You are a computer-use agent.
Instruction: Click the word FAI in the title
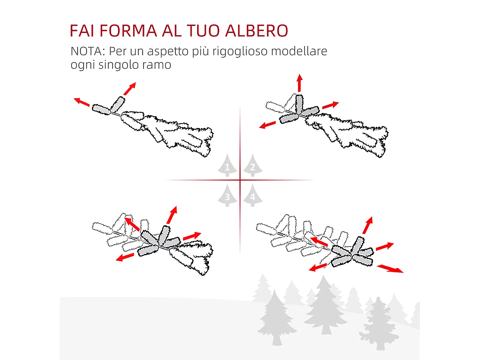[82, 31]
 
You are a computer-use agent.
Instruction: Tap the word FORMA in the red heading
[128, 31]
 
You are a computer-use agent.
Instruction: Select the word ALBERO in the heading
[257, 31]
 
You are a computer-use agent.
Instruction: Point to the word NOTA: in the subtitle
[88, 51]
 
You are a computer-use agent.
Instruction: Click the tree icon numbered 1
[227, 166]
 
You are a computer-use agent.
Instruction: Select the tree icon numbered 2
[253, 166]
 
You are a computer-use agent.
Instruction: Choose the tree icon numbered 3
[227, 196]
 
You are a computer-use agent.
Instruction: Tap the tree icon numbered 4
[253, 196]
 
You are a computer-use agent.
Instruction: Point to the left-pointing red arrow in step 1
[82, 102]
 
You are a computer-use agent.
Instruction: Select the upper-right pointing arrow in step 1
[130, 89]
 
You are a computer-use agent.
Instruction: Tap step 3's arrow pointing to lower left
[125, 257]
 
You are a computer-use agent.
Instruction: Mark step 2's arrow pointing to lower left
[267, 125]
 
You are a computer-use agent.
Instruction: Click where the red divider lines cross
[240, 180]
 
